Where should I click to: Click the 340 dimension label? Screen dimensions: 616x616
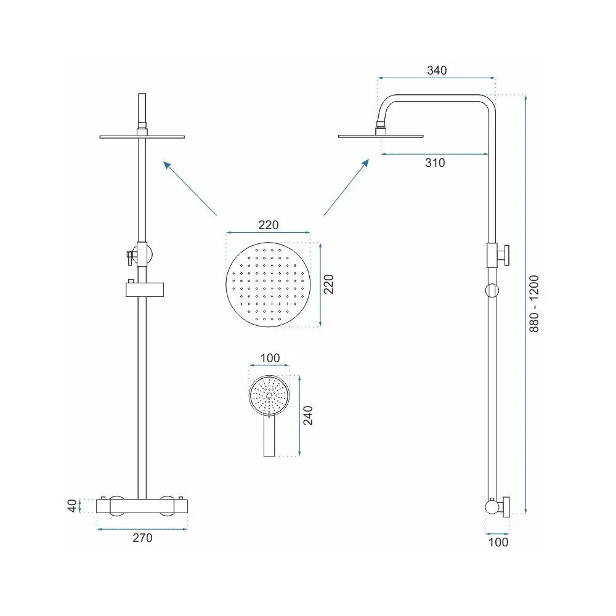click(437, 71)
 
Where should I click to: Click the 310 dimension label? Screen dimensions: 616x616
click(435, 163)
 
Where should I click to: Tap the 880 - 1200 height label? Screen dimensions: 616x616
click(534, 304)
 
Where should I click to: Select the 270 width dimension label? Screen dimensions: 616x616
click(142, 538)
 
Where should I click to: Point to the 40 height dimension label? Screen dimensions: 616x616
click(72, 506)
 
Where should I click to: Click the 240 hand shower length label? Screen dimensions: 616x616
click(308, 416)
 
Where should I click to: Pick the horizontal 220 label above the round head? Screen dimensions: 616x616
click(269, 225)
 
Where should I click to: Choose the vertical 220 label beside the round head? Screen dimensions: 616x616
click(328, 285)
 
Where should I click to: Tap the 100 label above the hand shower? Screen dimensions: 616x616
click(270, 359)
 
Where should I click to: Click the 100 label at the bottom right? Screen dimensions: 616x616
click(498, 543)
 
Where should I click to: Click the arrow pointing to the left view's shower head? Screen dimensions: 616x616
click(190, 188)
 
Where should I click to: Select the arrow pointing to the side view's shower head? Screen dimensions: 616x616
click(346, 187)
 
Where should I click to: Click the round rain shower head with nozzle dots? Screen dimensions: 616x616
click(269, 285)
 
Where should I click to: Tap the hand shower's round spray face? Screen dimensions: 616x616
click(269, 395)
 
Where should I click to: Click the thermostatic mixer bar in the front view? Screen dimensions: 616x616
click(142, 506)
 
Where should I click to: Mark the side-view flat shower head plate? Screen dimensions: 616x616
click(381, 136)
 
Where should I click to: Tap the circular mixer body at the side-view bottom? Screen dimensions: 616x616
click(492, 507)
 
